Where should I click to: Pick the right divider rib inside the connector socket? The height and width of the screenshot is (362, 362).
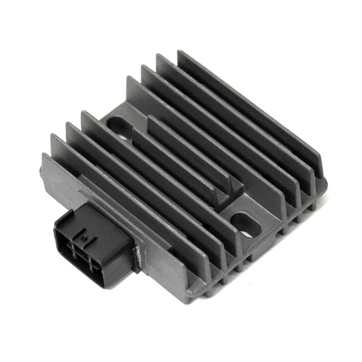pos(91,266)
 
